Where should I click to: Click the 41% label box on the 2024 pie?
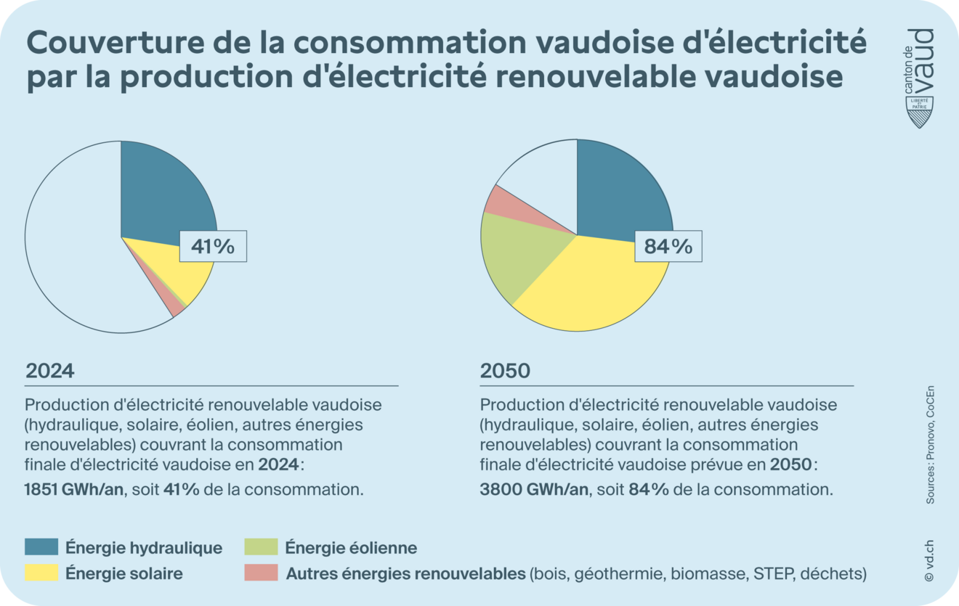click(x=213, y=247)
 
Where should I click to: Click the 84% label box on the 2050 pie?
click(x=668, y=247)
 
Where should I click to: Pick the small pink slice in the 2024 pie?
click(x=174, y=306)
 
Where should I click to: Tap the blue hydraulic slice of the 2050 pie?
click(x=621, y=192)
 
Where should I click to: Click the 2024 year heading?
click(x=50, y=371)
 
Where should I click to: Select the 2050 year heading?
click(x=505, y=371)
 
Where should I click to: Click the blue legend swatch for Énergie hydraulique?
click(x=41, y=547)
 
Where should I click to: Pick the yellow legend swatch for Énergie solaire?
click(x=41, y=573)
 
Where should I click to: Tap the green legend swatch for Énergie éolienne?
click(x=261, y=547)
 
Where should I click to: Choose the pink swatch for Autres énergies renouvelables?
click(x=261, y=573)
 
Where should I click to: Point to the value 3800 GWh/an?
click(x=533, y=489)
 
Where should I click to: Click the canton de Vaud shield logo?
click(x=920, y=112)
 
